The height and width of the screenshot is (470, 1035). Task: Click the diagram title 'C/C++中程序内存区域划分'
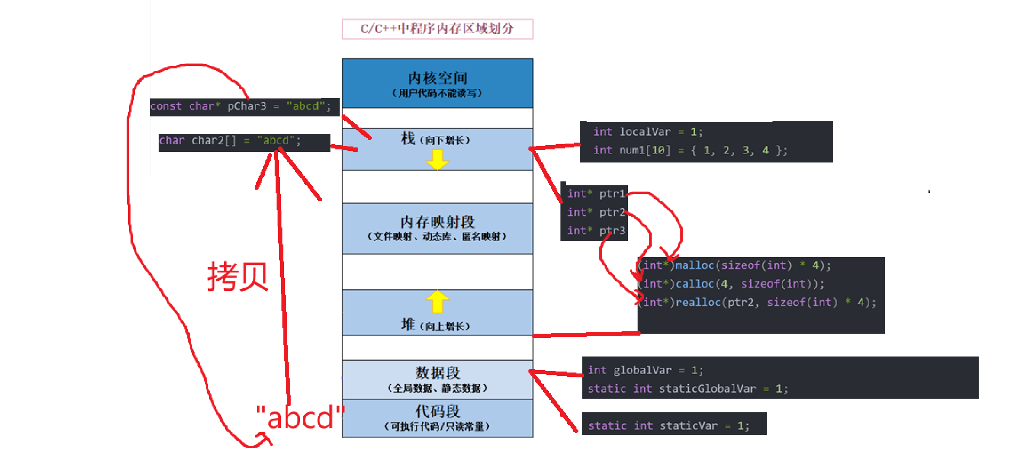[437, 29]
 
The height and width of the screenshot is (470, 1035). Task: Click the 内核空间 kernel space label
[437, 78]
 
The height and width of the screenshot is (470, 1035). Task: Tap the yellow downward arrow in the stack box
[437, 160]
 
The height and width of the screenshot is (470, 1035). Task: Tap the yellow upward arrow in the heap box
[437, 301]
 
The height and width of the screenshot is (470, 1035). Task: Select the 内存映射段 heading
[437, 222]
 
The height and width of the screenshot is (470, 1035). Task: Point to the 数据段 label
[437, 373]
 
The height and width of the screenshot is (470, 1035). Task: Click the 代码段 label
[437, 411]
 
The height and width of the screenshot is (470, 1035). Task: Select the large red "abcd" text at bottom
[300, 418]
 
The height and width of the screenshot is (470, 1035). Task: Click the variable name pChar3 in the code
[246, 106]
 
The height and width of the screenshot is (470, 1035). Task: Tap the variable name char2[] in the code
[214, 141]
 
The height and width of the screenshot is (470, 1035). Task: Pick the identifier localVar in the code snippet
[645, 132]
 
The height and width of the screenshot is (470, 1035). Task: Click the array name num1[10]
[644, 150]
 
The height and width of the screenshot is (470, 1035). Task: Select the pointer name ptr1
[612, 194]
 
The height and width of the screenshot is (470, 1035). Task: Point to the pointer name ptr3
[612, 231]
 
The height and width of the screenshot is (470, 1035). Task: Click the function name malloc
[694, 265]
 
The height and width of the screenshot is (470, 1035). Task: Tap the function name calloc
[694, 284]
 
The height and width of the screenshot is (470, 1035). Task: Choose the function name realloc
[698, 303]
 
